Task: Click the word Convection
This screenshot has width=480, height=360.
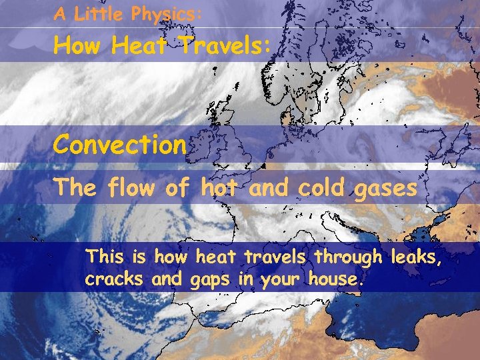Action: click(120, 144)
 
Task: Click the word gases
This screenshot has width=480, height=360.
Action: click(385, 189)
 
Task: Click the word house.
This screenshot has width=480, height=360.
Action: click(337, 279)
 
